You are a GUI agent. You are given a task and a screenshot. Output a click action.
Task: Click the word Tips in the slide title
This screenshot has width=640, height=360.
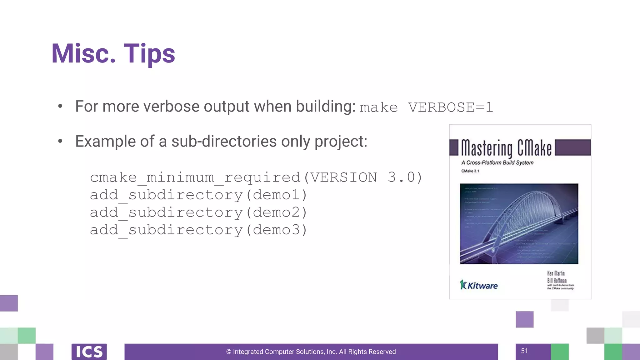click(149, 54)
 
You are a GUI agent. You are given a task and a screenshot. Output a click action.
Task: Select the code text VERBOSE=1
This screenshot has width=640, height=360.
click(450, 107)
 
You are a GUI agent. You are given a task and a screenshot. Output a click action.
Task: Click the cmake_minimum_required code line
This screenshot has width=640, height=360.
click(256, 177)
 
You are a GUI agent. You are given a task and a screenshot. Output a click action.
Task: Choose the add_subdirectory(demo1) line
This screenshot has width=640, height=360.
click(199, 195)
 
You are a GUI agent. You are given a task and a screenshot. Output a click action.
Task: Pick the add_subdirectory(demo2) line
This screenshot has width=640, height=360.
click(199, 212)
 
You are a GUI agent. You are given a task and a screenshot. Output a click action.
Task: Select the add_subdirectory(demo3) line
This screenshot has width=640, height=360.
click(199, 230)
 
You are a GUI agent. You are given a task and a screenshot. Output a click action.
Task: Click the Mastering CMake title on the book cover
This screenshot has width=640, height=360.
click(506, 148)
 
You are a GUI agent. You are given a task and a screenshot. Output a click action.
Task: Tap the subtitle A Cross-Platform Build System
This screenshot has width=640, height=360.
click(497, 162)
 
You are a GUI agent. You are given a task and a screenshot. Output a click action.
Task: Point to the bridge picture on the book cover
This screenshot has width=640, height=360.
click(519, 224)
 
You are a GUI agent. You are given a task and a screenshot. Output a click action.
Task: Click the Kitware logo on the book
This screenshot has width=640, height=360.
click(479, 285)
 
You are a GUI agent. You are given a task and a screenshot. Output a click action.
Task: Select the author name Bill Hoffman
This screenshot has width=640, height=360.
click(557, 280)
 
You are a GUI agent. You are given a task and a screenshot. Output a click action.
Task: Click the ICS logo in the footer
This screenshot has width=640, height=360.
click(89, 352)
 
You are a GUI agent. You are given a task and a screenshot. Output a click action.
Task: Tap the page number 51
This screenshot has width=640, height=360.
click(524, 351)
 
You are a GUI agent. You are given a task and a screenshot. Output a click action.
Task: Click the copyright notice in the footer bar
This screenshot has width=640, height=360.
click(311, 352)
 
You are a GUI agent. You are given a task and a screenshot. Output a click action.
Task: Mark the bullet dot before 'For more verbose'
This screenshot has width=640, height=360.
click(60, 106)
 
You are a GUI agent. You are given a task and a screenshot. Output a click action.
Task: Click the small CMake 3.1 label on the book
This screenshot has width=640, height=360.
click(470, 171)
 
